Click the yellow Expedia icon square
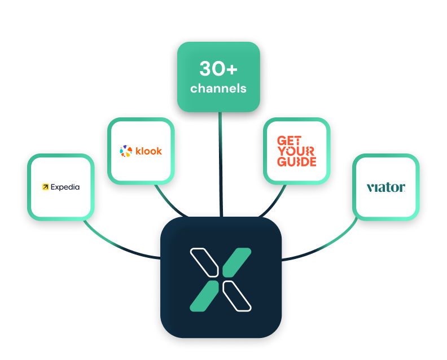[45, 187]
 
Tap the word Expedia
[65, 187]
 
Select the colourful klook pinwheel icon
[125, 151]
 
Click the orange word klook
[148, 151]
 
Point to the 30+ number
[218, 69]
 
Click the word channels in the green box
[218, 89]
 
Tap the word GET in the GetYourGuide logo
[290, 141]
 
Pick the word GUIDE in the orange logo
[296, 161]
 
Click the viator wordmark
[385, 187]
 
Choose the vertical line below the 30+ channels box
[221, 164]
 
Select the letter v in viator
[370, 188]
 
